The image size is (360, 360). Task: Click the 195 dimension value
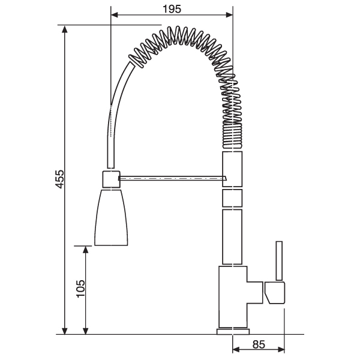172,9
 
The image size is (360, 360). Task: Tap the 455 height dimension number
60,179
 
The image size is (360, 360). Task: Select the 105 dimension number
80,289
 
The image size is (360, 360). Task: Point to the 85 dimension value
259,344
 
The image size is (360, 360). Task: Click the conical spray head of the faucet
111,217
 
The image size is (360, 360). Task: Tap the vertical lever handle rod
279,260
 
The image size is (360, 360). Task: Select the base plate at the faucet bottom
233,331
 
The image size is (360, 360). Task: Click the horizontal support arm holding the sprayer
172,178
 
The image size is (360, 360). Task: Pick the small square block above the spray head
111,179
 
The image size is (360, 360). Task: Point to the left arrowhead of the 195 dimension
115,15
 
